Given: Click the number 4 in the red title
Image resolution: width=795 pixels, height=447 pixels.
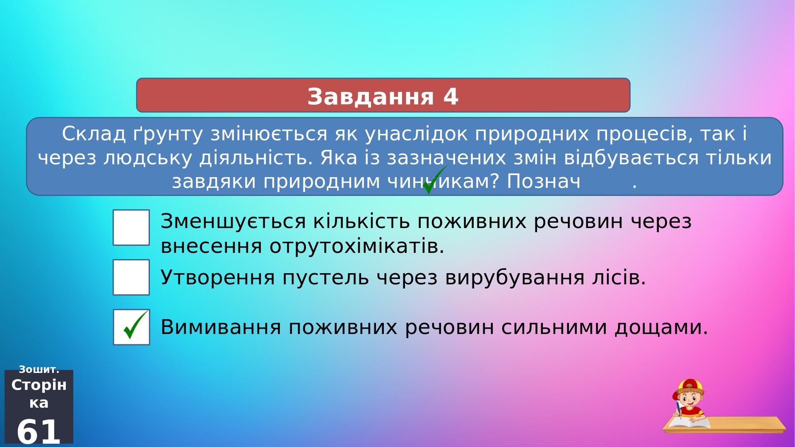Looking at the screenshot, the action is pos(450,96).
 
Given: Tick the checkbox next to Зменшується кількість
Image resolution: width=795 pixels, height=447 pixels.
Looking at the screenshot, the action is pos(131,228).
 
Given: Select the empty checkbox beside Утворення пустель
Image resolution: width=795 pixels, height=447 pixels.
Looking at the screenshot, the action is pos(131,277).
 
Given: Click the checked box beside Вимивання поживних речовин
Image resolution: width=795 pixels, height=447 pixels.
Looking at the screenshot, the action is pos(131,327).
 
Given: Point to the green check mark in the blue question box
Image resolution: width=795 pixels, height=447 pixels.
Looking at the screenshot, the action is pos(435,180).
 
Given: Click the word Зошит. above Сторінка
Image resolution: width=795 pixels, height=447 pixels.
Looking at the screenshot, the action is pos(39,370).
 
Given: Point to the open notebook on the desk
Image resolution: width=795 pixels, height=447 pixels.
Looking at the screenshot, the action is pos(689,423).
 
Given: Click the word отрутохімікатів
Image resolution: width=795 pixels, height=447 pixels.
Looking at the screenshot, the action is pos(357,246).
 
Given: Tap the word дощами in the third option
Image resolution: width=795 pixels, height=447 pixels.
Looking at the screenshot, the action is pos(661,328).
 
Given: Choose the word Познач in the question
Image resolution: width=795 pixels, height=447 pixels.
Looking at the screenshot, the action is pos(544,181).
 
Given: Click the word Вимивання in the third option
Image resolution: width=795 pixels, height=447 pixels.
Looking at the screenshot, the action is pos(221,327).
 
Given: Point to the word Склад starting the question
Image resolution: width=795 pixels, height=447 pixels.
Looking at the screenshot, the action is pos(94,134).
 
